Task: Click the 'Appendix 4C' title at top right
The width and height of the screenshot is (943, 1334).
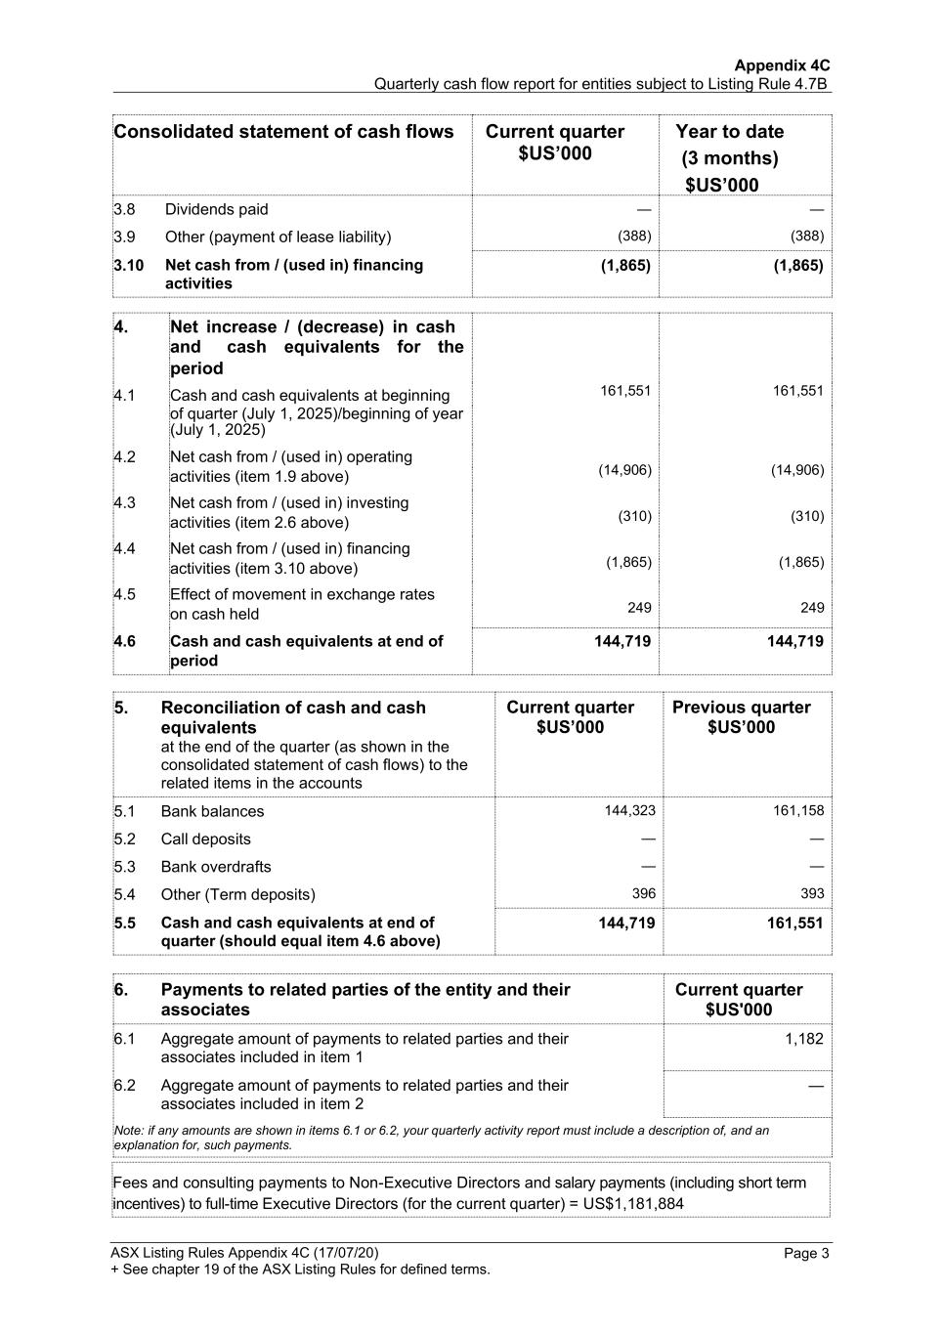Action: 782,65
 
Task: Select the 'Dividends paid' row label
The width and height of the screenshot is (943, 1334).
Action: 216,209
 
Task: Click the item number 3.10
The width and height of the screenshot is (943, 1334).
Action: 128,265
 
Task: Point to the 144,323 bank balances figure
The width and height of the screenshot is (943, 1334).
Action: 629,810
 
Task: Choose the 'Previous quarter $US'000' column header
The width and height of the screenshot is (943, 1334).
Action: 741,717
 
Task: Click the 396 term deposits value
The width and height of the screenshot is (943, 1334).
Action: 643,893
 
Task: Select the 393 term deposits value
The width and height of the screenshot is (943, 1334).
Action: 811,893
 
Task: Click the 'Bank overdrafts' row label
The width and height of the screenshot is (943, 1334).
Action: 216,867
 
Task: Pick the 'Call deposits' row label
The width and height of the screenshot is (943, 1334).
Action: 205,839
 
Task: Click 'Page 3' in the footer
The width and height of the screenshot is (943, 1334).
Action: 806,1254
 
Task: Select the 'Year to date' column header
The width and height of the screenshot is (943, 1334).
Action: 729,132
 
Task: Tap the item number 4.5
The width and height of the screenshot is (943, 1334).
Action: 124,594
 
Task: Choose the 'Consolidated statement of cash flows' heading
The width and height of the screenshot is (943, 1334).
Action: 283,132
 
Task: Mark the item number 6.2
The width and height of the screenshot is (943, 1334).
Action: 124,1086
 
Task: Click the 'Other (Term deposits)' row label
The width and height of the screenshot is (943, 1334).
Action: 237,894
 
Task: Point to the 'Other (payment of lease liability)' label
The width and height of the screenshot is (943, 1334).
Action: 278,237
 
